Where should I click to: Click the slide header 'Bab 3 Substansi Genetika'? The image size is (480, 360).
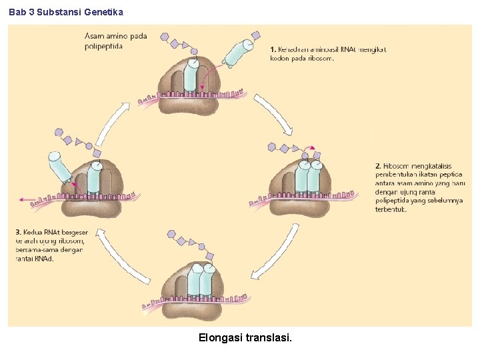(66, 12)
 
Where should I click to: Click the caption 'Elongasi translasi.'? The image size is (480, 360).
(245, 338)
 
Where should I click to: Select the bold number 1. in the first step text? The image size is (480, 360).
(273, 49)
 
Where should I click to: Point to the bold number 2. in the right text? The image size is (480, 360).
(378, 166)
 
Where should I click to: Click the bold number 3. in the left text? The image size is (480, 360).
(17, 232)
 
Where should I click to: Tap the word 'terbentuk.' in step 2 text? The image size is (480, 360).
(391, 209)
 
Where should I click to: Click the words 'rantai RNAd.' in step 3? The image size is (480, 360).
(34, 258)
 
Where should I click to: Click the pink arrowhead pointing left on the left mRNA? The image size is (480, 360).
(24, 199)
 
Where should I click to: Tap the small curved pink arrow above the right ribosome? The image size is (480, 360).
(309, 147)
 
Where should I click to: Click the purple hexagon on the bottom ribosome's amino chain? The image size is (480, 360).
(171, 234)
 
